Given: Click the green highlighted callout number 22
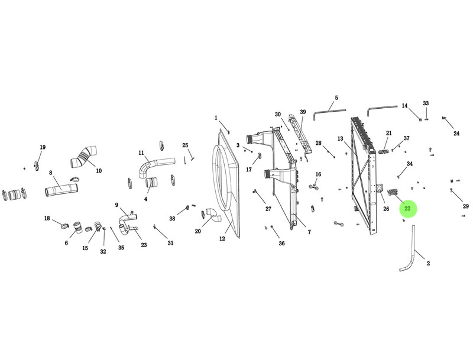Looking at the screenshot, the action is [407, 208].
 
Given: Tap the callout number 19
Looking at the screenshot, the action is [43, 147].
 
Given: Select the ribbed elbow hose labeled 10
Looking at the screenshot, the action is [84, 157].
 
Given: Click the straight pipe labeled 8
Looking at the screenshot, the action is [61, 190].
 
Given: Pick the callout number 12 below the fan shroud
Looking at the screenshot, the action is [222, 239].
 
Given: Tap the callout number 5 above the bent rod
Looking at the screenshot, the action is [336, 98].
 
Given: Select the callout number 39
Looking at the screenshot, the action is [303, 112].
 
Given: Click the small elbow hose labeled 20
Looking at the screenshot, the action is [213, 215].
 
